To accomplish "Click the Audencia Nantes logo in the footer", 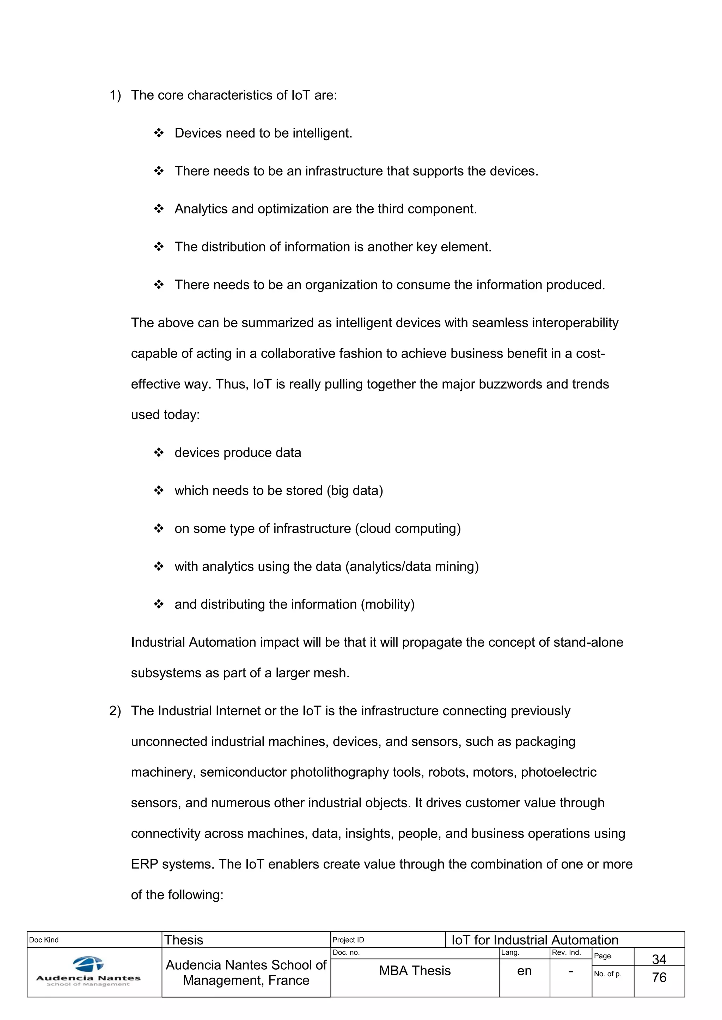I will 88,971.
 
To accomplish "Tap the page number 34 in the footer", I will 659,959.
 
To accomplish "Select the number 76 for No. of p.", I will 659,977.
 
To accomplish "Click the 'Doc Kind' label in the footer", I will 44,940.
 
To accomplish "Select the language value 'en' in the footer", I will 524,971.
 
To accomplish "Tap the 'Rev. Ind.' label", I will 566,952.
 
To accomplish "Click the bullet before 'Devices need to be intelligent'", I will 159,133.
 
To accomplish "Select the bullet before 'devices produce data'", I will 159,453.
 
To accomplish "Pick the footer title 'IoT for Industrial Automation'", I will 535,940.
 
